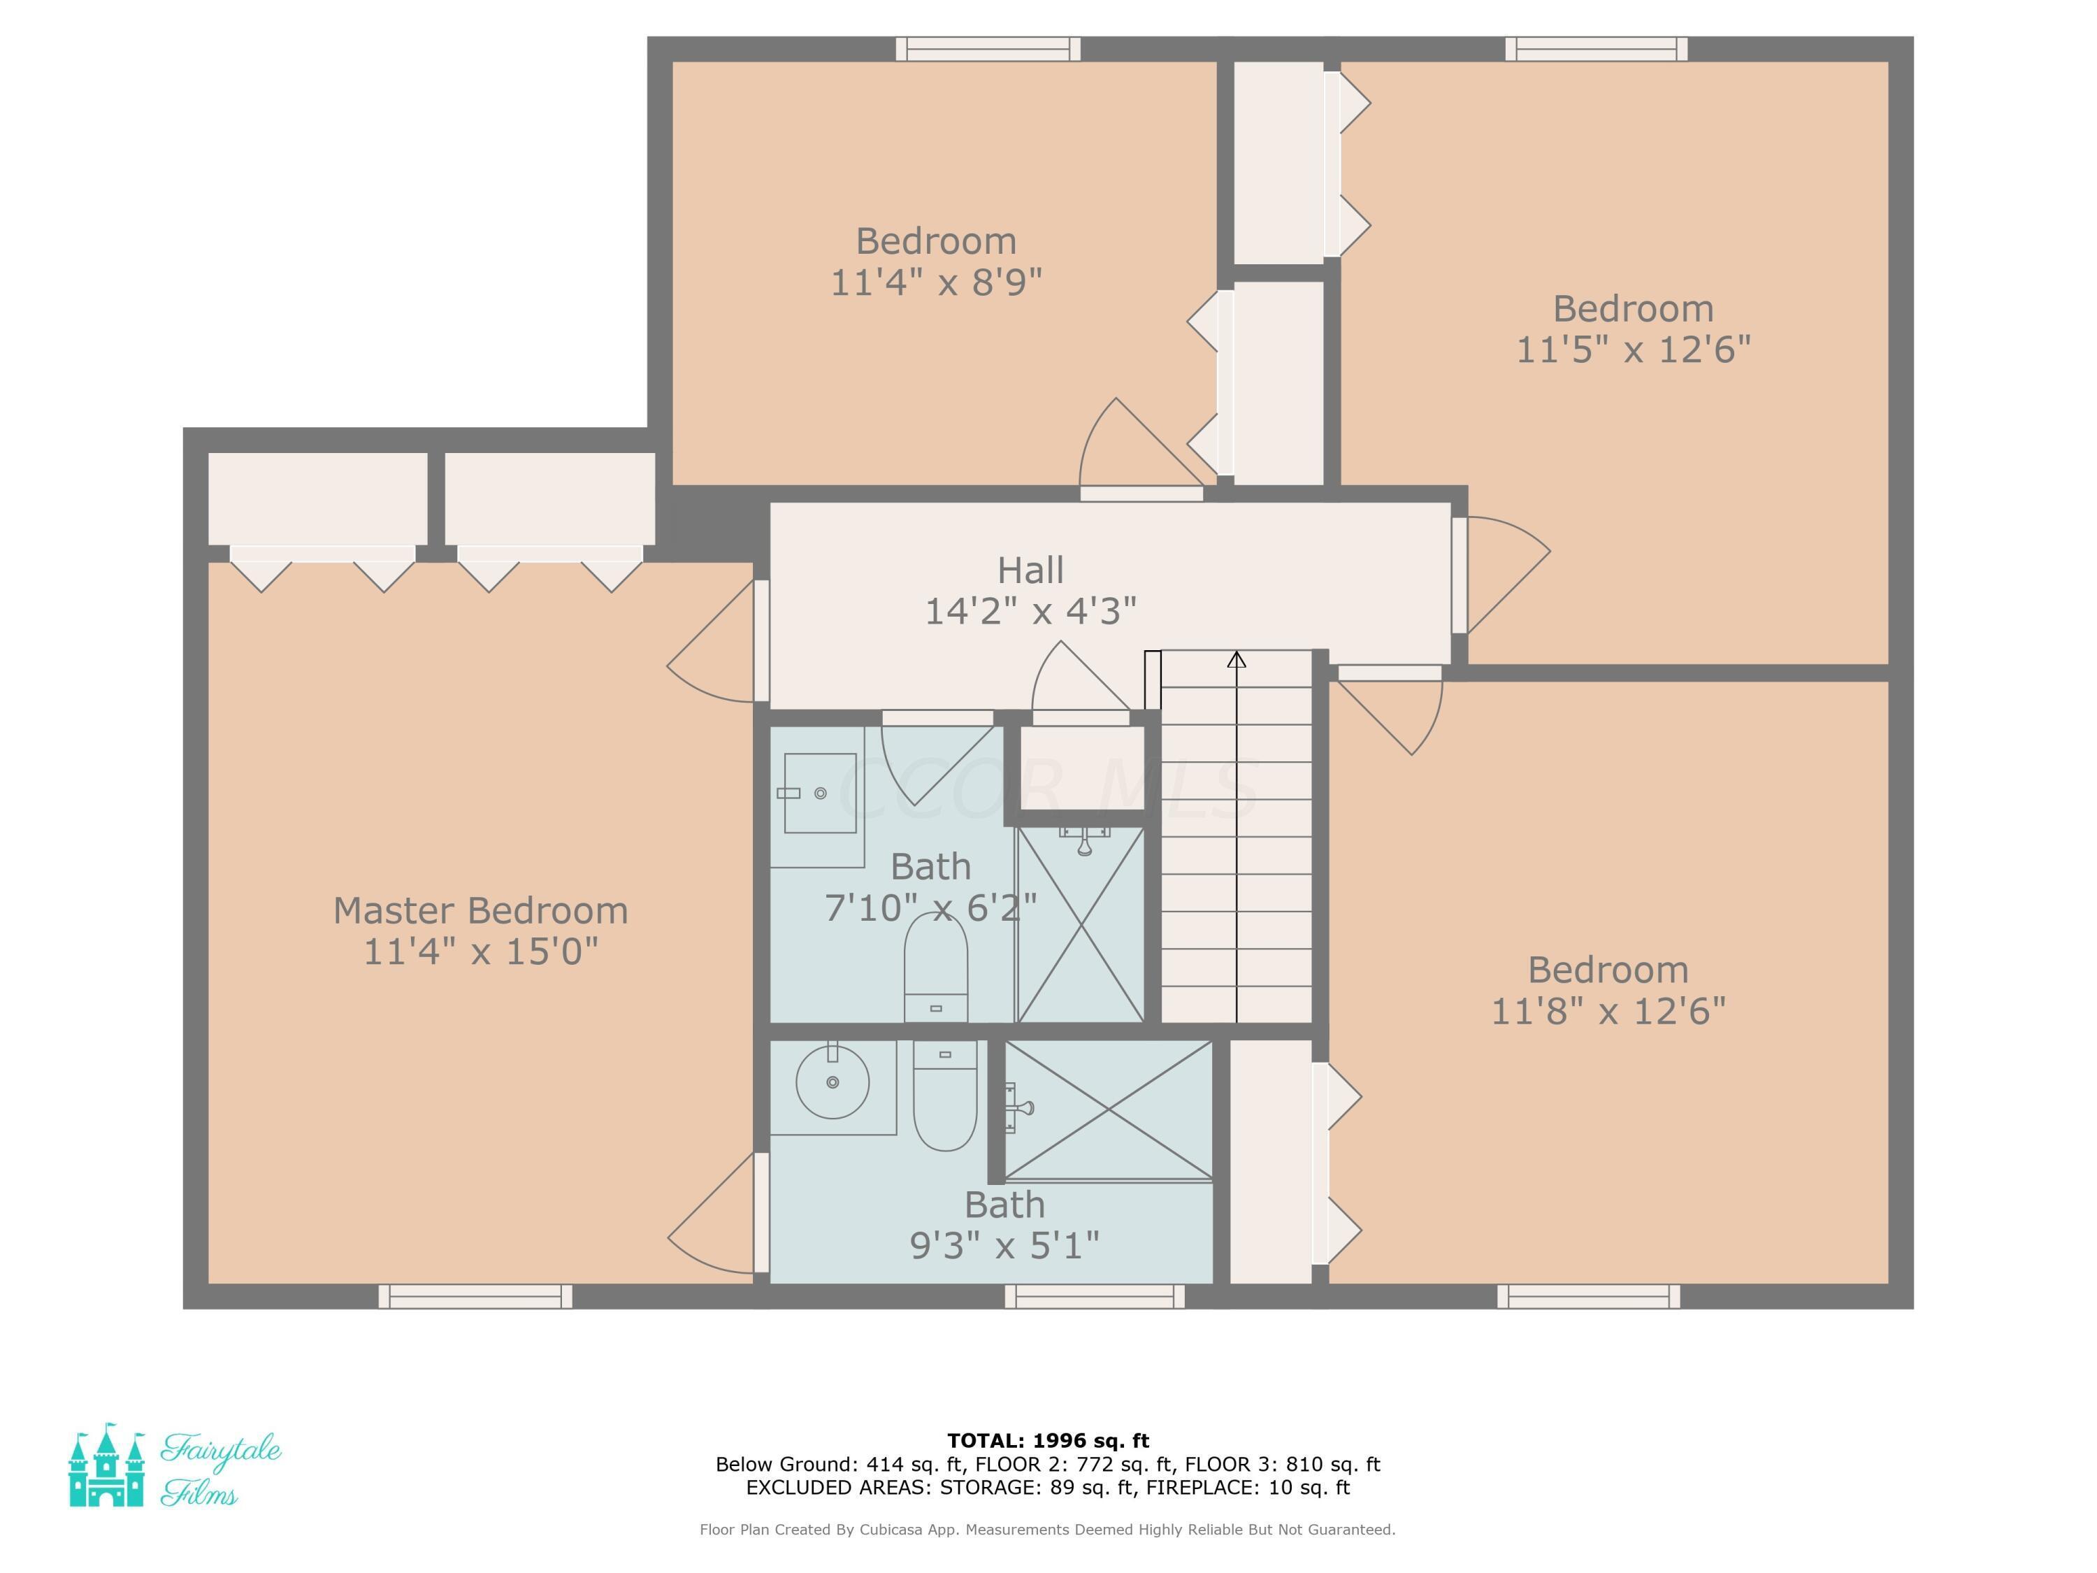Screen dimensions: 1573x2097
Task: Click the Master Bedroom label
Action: tap(481, 911)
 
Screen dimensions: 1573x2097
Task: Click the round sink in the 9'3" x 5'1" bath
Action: tap(833, 1082)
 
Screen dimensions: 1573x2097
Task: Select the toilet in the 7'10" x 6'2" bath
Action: tap(936, 966)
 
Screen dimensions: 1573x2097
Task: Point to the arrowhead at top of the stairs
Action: tap(1237, 659)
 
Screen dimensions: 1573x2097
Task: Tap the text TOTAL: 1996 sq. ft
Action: tap(1048, 1441)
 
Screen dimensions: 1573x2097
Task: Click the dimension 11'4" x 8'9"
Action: tap(936, 282)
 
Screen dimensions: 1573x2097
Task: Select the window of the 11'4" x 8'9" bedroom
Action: tap(988, 50)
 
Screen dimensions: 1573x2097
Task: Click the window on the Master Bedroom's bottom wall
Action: tap(475, 1296)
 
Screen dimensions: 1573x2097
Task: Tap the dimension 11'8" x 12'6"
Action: tap(1608, 1012)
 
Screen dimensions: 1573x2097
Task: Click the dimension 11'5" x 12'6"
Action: tap(1632, 350)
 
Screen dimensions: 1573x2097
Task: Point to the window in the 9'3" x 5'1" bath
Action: tap(1094, 1296)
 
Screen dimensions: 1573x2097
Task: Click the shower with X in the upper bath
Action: tap(1080, 924)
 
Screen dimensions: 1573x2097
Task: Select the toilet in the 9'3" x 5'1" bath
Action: tap(944, 1095)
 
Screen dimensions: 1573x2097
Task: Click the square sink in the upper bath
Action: tap(820, 793)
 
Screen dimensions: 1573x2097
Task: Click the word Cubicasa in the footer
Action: tap(891, 1530)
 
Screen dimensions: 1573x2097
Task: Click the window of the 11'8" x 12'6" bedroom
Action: tap(1588, 1296)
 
